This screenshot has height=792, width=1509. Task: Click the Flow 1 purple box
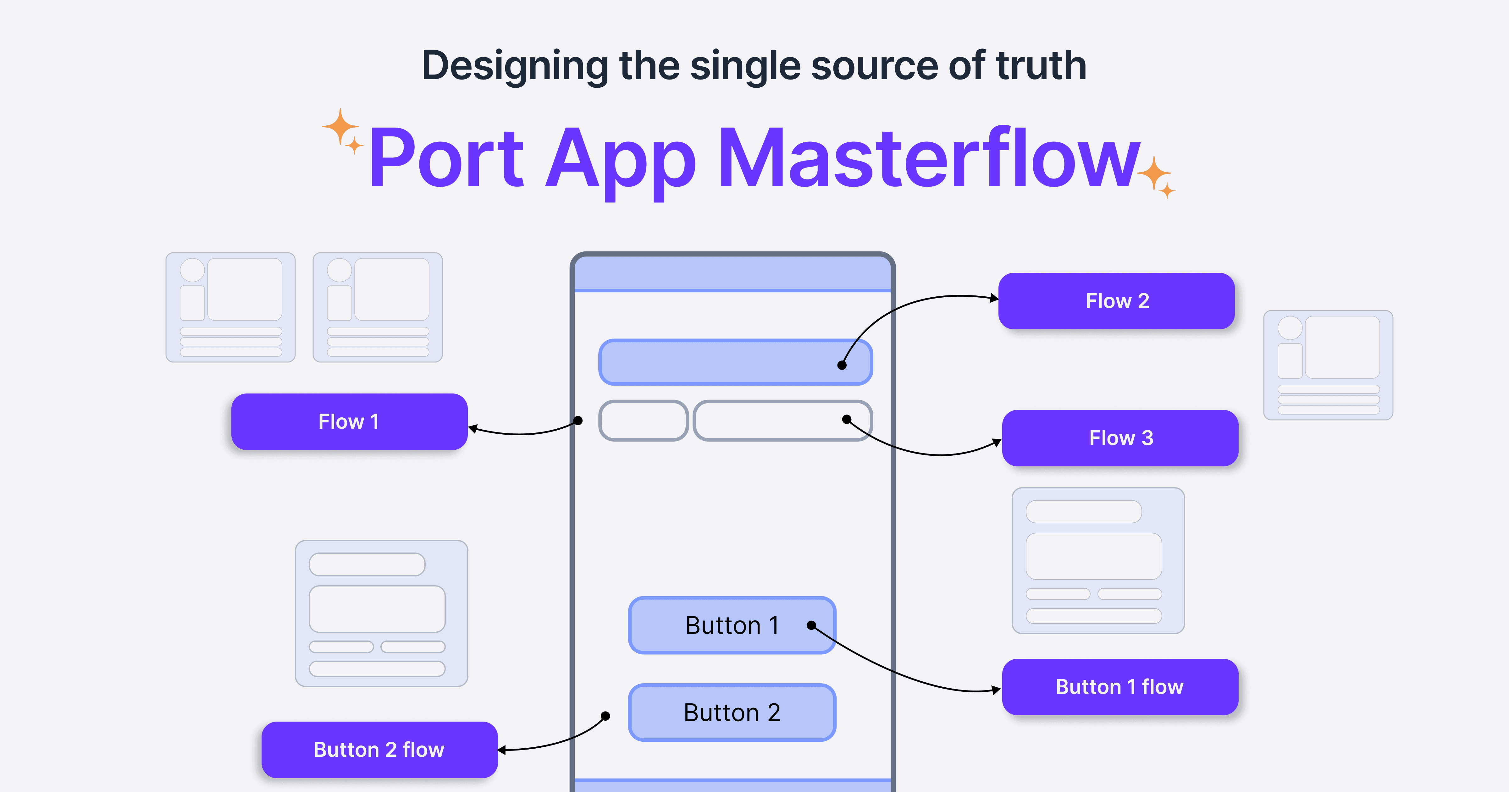pos(349,422)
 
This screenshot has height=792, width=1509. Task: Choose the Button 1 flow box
pos(1120,686)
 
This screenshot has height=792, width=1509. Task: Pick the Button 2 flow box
pos(379,750)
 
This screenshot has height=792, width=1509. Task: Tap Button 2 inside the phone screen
pos(732,712)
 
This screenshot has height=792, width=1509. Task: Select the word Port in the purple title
pos(446,158)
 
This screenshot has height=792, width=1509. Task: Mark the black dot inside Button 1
pos(811,625)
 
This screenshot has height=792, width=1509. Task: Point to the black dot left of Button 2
pos(606,716)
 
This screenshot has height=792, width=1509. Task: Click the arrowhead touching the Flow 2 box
pos(994,298)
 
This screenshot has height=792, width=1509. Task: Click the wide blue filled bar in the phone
pos(736,362)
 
